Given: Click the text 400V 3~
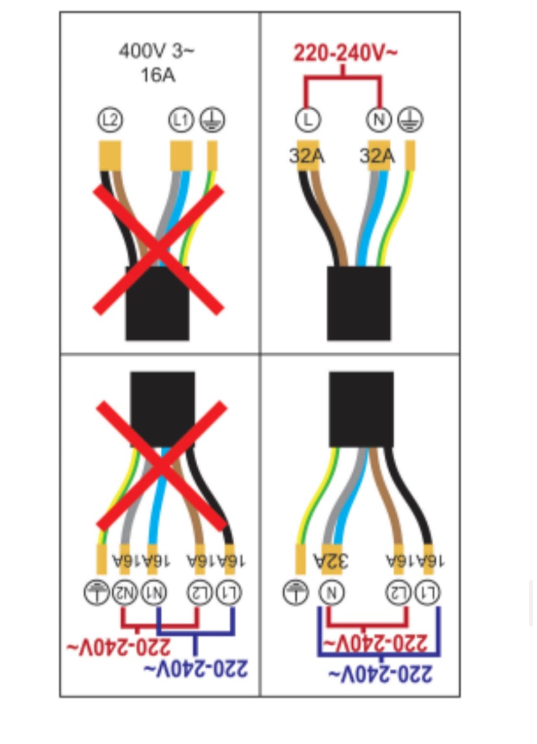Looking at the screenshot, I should (156, 51).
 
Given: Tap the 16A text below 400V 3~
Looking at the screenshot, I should (158, 75).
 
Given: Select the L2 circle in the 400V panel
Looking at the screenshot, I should (111, 120).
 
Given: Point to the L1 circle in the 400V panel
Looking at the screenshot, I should (181, 120).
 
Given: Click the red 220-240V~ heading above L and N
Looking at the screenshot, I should (345, 52).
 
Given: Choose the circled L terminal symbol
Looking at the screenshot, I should (308, 120).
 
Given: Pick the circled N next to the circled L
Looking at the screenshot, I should (379, 120).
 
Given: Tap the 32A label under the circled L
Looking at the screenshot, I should (307, 156).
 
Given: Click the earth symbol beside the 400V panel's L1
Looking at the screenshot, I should (212, 120).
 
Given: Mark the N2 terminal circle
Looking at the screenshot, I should (124, 592).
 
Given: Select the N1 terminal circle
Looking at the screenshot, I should (154, 592).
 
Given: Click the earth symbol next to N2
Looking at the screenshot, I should (97, 592).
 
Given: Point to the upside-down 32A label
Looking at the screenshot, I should (331, 561).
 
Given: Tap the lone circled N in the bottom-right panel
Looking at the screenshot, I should (331, 592).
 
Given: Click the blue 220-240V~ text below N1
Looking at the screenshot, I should (195, 668).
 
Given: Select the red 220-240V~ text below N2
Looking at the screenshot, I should (119, 647).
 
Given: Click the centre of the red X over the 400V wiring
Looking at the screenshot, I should (159, 250).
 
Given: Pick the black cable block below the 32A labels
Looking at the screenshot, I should (359, 303).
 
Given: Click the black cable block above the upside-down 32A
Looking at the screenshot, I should (361, 409).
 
